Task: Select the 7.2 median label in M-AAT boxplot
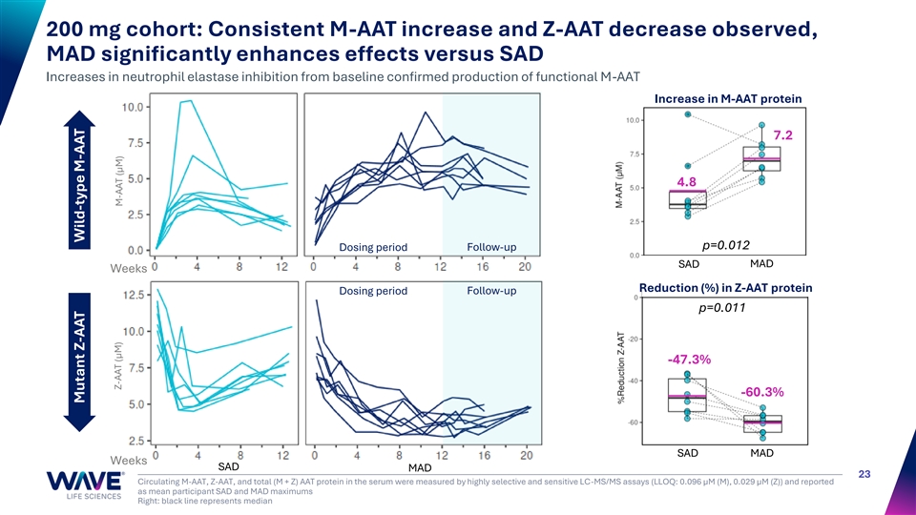(x=783, y=135)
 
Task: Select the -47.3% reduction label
(x=689, y=360)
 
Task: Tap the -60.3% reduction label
(x=762, y=392)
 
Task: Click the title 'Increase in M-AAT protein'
(x=727, y=99)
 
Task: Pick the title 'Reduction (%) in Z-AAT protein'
(x=725, y=287)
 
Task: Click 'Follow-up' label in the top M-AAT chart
(x=491, y=248)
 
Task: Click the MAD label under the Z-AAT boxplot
(x=762, y=452)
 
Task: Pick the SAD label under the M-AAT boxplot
(x=689, y=264)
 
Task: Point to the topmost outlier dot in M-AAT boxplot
(x=688, y=114)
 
